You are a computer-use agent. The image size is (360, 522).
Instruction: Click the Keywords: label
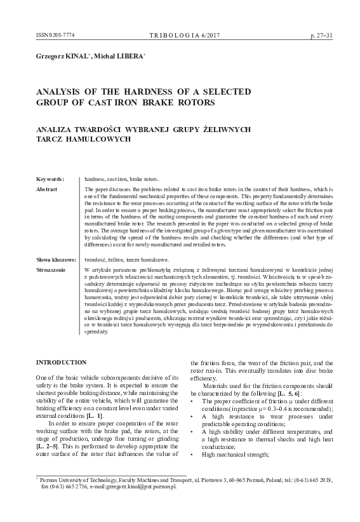pos(50,180)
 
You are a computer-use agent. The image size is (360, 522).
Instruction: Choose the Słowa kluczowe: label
pos(56,260)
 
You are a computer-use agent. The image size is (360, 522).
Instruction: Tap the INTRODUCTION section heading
pos(62,362)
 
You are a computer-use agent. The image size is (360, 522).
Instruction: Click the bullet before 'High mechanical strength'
pos(193,472)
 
